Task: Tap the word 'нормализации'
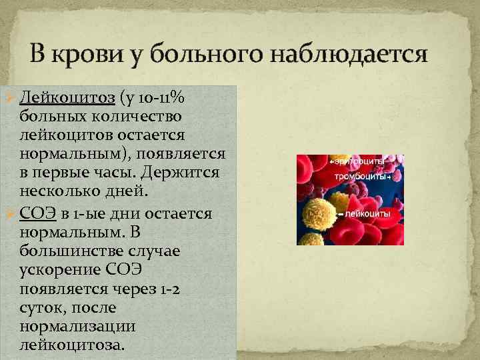[x=78, y=327]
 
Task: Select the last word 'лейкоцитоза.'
[x=71, y=345]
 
